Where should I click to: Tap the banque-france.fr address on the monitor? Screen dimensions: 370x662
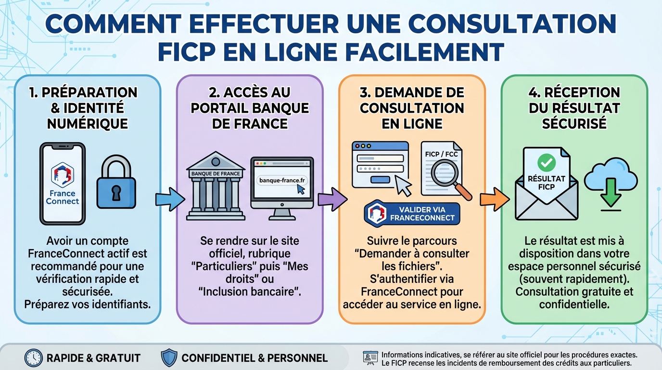point(282,180)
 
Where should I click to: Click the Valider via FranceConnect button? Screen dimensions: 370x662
point(411,213)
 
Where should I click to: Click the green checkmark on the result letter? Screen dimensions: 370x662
point(546,163)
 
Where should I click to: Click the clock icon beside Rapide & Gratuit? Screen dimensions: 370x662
point(33,357)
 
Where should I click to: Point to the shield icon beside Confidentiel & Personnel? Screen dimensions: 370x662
point(168,357)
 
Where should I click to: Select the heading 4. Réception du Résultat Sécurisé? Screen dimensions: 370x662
point(574,108)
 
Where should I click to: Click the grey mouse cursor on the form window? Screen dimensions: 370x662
point(403,185)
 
